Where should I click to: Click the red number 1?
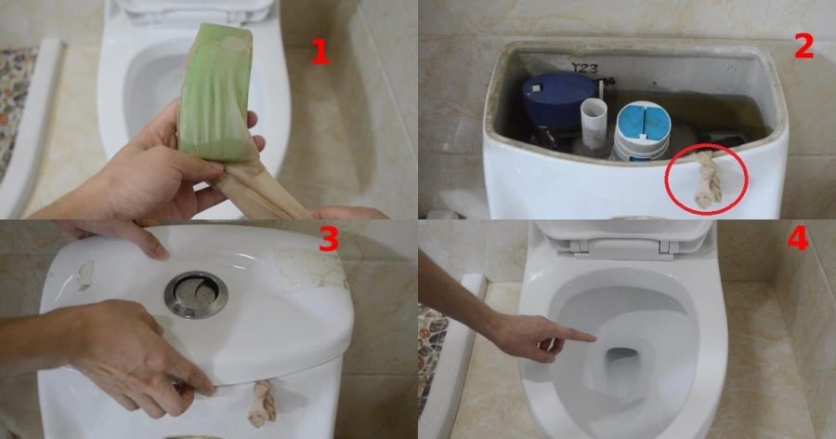pyautogui.click(x=320, y=51)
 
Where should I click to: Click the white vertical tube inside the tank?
pyautogui.click(x=594, y=121)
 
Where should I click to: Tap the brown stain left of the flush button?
pyautogui.click(x=85, y=274)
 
